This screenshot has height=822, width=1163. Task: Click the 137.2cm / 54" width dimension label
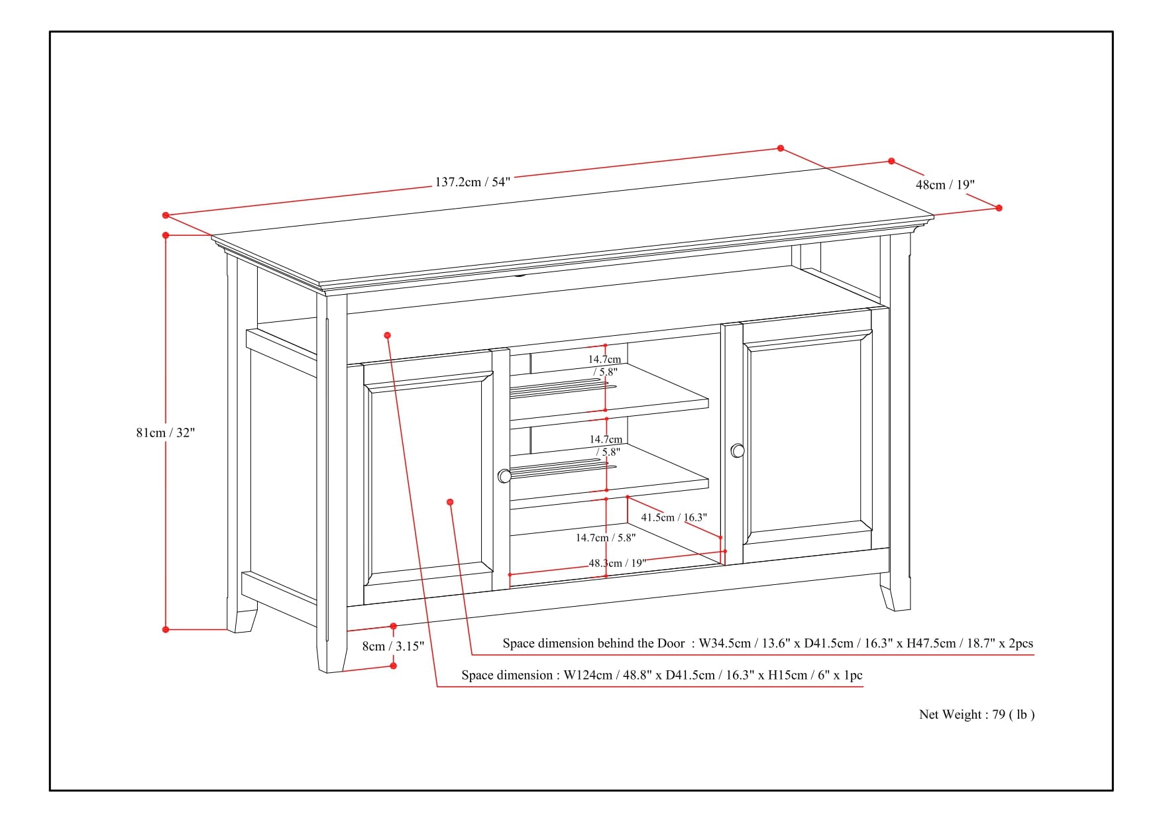[472, 182]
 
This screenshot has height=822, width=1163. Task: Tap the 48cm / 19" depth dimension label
[945, 185]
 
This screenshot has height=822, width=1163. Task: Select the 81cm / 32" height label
[166, 433]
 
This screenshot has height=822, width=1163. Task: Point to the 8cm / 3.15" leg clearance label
[393, 646]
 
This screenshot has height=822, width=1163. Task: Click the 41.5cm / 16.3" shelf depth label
[673, 517]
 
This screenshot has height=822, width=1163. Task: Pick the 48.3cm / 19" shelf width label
[617, 563]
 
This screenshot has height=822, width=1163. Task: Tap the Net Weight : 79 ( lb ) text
[976, 714]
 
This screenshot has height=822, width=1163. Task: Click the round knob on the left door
[504, 476]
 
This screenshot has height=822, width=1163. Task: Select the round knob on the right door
[738, 451]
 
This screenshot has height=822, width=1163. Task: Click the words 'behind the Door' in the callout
[641, 643]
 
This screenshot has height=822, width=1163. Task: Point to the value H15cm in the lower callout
[787, 676]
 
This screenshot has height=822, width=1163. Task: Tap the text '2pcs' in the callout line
[1020, 643]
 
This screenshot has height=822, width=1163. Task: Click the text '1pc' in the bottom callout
[853, 676]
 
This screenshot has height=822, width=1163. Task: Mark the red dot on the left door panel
[450, 502]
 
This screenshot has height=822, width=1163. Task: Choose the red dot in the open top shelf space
[388, 335]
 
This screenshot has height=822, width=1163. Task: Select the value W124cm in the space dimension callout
[588, 676]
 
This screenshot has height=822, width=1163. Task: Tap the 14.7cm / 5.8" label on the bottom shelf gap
[605, 538]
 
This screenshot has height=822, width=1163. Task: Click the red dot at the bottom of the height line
[166, 629]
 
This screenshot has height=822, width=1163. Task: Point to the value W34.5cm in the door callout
[725, 643]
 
